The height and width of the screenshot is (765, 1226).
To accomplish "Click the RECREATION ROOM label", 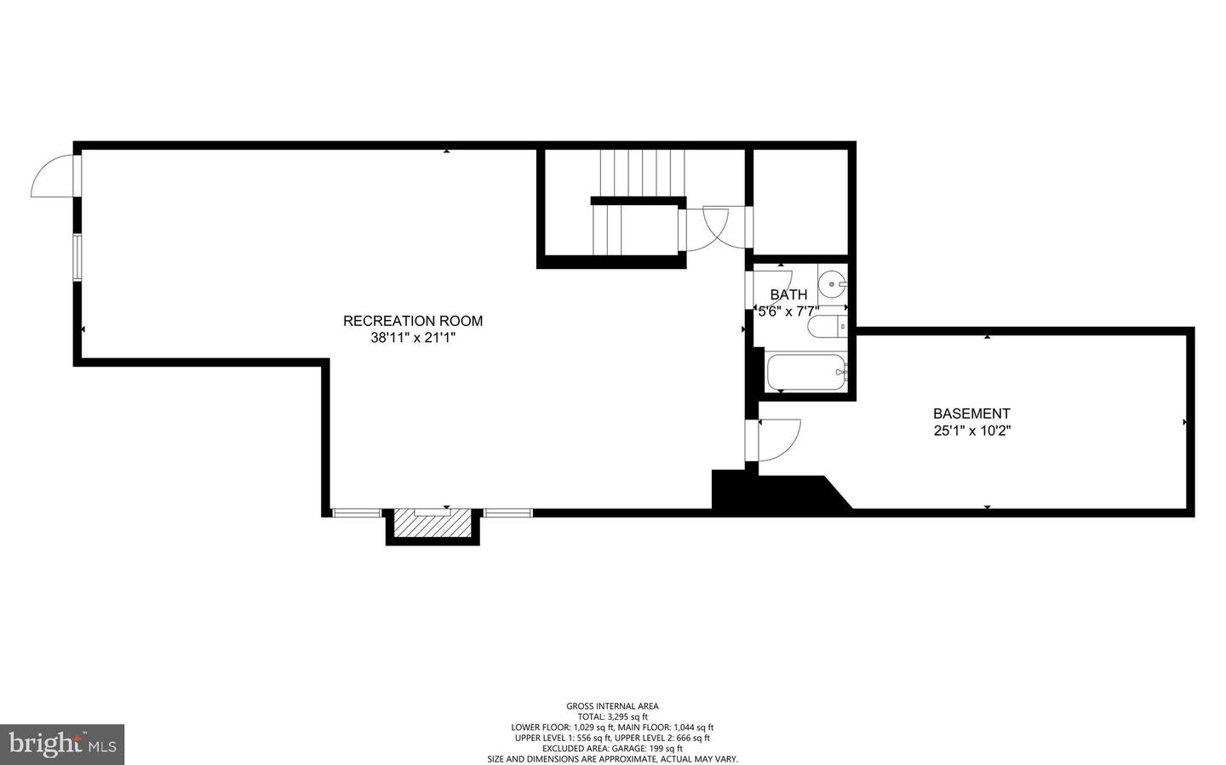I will pyautogui.click(x=412, y=321).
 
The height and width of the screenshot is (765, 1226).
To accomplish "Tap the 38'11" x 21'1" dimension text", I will pyautogui.click(x=412, y=338).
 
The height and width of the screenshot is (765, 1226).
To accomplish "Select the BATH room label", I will pyautogui.click(x=788, y=294).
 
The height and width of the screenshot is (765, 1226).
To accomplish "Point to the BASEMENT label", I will pyautogui.click(x=971, y=414).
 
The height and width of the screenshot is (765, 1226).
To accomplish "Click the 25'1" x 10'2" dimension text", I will pyautogui.click(x=971, y=431).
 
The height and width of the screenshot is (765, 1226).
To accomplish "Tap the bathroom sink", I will pyautogui.click(x=832, y=280).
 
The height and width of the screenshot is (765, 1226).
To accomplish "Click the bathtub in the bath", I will pyautogui.click(x=805, y=372).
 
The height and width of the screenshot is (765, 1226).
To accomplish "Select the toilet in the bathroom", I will pyautogui.click(x=828, y=325).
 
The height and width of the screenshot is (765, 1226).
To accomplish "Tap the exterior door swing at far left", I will pyautogui.click(x=53, y=178).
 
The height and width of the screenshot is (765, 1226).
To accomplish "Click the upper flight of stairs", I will pyautogui.click(x=642, y=172).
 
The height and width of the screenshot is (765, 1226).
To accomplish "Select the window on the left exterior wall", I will pyautogui.click(x=77, y=257).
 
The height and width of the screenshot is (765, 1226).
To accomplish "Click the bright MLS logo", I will pyautogui.click(x=62, y=745).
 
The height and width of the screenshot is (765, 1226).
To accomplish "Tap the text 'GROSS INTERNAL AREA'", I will pyautogui.click(x=612, y=705).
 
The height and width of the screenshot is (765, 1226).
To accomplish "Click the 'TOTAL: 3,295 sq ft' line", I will pyautogui.click(x=612, y=716).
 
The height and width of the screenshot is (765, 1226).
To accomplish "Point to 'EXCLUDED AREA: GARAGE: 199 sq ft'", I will pyautogui.click(x=612, y=748).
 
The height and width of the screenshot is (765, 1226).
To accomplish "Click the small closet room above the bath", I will pyautogui.click(x=800, y=202).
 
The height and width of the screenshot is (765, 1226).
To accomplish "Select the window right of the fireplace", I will pyautogui.click(x=508, y=512).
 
